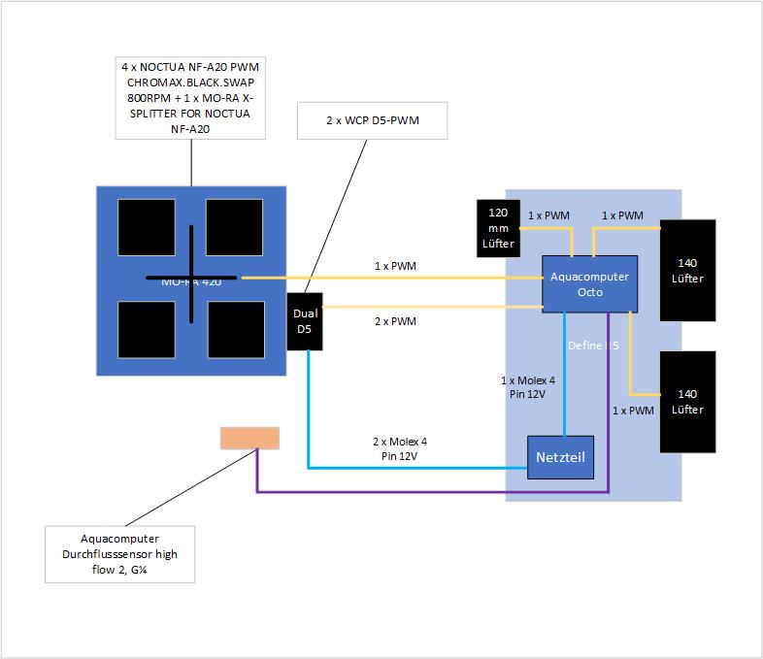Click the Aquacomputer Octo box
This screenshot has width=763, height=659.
click(x=589, y=283)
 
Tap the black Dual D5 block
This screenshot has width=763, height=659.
click(x=305, y=321)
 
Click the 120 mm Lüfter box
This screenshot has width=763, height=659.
click(x=498, y=228)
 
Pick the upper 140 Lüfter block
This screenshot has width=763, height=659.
click(x=688, y=270)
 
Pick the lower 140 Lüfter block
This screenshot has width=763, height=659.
click(x=688, y=401)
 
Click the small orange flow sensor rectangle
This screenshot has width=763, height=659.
click(x=249, y=439)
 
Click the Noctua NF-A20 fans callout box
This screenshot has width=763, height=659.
click(x=190, y=97)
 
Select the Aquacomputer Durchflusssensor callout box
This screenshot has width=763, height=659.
click(x=120, y=553)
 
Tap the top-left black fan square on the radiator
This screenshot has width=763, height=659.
click(x=147, y=227)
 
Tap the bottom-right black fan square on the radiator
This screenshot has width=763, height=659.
click(x=236, y=330)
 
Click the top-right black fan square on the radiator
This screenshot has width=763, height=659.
click(x=234, y=227)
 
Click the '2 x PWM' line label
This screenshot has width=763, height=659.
click(x=395, y=322)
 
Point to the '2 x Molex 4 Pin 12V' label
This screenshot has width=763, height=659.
click(x=399, y=447)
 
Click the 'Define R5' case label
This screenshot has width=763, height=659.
click(x=593, y=345)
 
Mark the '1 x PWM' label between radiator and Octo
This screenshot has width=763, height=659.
click(x=395, y=265)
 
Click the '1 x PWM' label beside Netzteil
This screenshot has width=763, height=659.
click(x=632, y=411)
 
